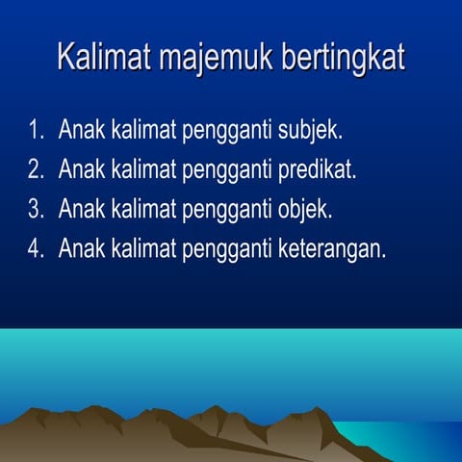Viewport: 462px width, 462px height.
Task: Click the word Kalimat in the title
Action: [100, 57]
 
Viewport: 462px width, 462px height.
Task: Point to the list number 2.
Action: [36, 169]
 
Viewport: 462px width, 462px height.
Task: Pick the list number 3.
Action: [36, 209]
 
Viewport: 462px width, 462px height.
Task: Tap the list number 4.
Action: [36, 248]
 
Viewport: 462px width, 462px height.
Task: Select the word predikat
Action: [317, 170]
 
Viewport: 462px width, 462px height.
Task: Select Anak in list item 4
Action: [80, 248]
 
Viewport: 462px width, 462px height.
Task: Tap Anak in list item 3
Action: [80, 209]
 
